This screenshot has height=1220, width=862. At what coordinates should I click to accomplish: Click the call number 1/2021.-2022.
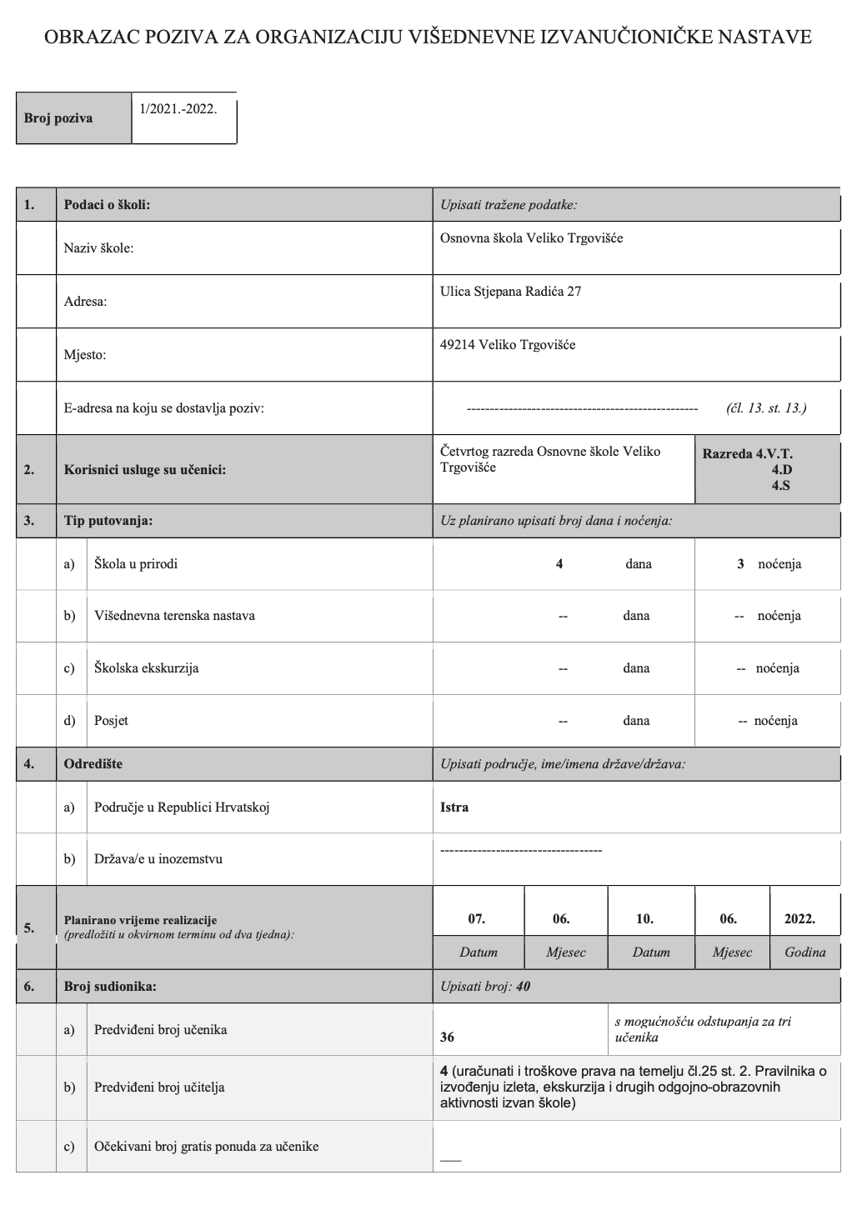(178, 109)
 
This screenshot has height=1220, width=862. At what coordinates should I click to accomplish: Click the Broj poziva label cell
(58, 118)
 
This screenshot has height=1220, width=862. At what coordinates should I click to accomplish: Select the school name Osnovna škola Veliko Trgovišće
(531, 238)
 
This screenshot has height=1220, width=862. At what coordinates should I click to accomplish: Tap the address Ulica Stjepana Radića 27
(510, 292)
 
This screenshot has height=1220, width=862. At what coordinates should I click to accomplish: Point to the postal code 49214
(458, 345)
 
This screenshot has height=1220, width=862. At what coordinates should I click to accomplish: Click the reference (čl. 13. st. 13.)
(765, 408)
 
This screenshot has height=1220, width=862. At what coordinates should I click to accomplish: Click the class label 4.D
(781, 469)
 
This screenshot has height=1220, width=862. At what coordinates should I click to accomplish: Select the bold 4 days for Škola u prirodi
(559, 564)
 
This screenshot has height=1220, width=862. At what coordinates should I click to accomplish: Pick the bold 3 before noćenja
(740, 564)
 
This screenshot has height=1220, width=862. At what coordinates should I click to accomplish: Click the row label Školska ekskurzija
(146, 668)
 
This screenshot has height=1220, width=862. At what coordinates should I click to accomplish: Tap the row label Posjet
(111, 721)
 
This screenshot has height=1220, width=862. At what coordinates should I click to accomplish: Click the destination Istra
(454, 807)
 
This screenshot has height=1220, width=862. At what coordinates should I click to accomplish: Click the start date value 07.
(477, 919)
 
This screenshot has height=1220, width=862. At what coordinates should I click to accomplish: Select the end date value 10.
(644, 919)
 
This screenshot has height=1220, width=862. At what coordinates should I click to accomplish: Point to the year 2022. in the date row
(799, 919)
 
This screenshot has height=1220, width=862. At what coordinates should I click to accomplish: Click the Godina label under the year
(804, 952)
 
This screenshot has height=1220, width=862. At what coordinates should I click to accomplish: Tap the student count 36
(448, 1037)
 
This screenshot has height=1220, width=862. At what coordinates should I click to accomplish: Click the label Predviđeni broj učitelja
(159, 1087)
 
